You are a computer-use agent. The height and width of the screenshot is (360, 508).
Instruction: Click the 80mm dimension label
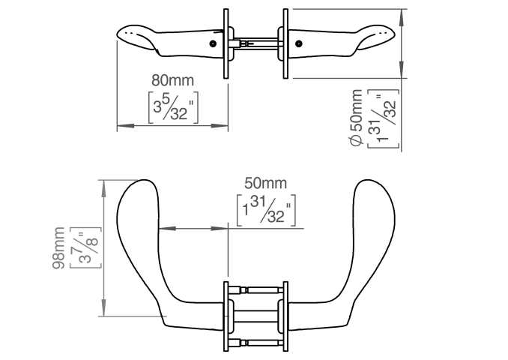(172, 80)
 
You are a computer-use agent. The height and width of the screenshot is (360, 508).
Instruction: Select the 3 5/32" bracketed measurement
(173, 108)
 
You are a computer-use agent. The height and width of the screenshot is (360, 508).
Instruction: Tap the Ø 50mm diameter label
(357, 118)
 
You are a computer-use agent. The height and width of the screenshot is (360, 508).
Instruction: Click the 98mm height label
(58, 247)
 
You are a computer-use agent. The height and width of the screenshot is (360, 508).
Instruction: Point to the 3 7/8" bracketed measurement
(85, 247)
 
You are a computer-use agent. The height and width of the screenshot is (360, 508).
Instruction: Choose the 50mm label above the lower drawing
(265, 183)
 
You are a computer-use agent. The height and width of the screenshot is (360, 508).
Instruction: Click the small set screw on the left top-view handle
(213, 43)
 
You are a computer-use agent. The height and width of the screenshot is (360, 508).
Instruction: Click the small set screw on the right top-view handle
(298, 43)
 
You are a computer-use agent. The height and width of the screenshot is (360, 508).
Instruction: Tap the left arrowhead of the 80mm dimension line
(125, 125)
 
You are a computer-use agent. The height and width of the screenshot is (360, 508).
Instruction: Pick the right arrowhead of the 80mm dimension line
(220, 125)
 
